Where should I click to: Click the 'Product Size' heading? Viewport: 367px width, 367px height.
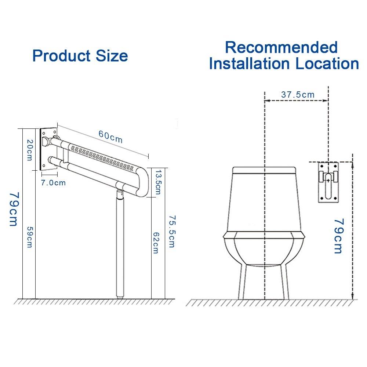tap(80, 56)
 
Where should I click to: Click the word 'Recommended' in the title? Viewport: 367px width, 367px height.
tap(281, 47)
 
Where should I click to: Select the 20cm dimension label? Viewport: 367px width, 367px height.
tap(29, 150)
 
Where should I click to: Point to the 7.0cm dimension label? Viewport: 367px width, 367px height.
tap(54, 182)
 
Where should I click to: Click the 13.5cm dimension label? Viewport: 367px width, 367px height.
tap(158, 182)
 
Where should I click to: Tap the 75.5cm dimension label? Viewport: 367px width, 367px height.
tap(171, 231)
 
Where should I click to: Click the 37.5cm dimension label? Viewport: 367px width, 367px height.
tap(298, 94)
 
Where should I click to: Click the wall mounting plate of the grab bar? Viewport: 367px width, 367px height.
tap(48, 149)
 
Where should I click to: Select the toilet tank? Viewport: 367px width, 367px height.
tap(264, 198)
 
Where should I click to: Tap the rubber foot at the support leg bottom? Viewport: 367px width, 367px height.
tap(120, 295)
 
